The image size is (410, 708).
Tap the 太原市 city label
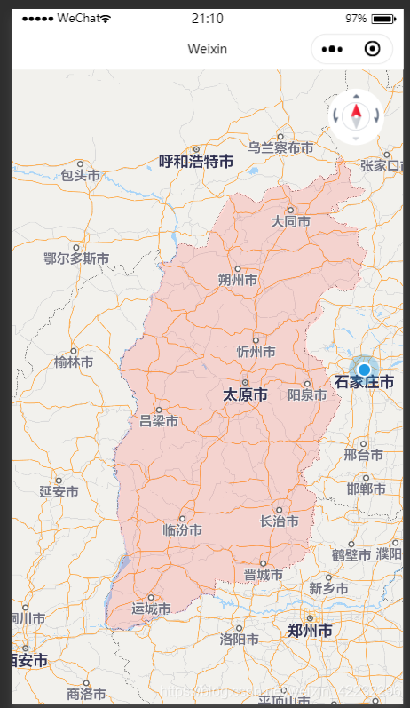point(245,394)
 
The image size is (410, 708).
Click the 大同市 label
point(291,221)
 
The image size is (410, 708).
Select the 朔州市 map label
point(238,280)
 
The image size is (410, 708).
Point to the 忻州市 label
point(256,351)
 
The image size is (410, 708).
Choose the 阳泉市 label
point(308,395)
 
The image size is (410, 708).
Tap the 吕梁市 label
point(159,420)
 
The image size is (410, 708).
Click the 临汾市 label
point(183,529)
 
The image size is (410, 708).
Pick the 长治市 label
point(278,521)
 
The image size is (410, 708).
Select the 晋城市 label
point(264,575)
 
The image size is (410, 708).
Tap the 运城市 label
point(151,609)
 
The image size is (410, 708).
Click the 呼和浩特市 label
point(196,162)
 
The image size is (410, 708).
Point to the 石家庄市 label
point(364,382)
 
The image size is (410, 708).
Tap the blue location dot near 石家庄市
point(363,369)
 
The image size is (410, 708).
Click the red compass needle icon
point(356,114)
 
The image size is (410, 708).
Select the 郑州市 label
point(310,631)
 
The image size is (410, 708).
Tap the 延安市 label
point(59,491)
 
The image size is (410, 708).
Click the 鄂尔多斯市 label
point(76,259)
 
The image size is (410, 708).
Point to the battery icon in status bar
point(382,19)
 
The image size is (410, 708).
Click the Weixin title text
point(207,49)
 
